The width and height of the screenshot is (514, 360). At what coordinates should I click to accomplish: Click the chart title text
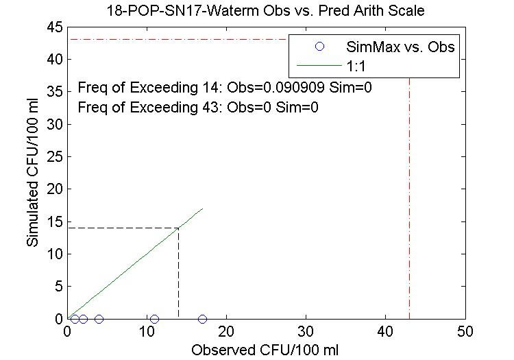[267, 10]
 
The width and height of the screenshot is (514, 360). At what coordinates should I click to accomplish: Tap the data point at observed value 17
[202, 319]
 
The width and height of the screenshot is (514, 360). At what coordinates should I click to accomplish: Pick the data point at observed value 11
[154, 319]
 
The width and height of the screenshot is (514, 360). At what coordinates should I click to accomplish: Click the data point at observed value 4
[99, 319]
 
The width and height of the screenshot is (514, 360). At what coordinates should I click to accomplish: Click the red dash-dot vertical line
[409, 206]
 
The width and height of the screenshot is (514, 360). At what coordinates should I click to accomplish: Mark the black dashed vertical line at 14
[178, 274]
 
